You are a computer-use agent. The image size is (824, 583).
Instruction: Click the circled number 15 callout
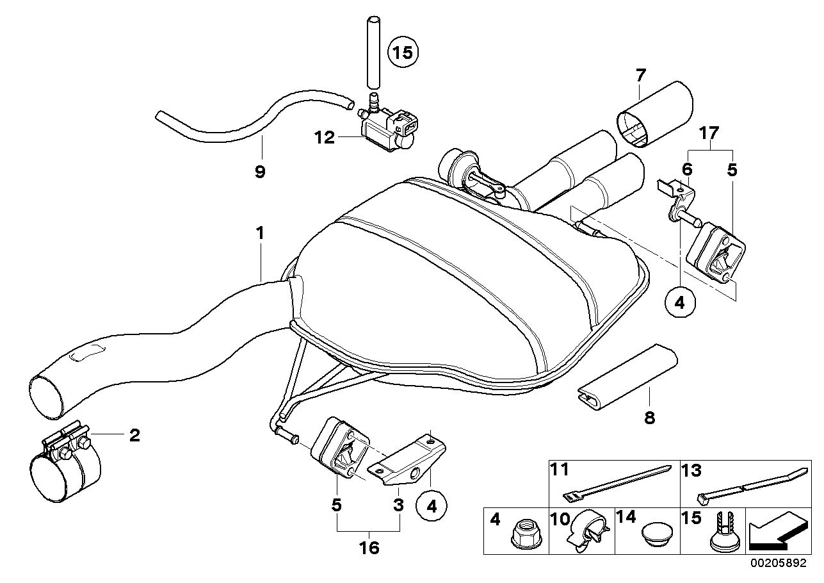[403, 52]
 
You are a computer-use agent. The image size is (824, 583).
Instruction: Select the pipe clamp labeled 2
[64, 464]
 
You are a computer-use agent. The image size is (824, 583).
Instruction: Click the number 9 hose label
[259, 171]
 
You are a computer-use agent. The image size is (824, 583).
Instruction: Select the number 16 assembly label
[369, 548]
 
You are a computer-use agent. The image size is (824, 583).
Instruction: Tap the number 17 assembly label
[709, 133]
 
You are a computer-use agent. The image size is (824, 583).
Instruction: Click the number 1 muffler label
[260, 234]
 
